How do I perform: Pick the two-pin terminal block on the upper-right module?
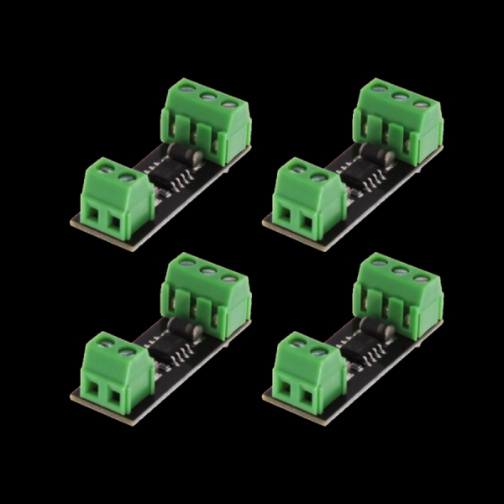point(308,202)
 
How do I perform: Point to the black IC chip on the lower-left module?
point(165,348)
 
